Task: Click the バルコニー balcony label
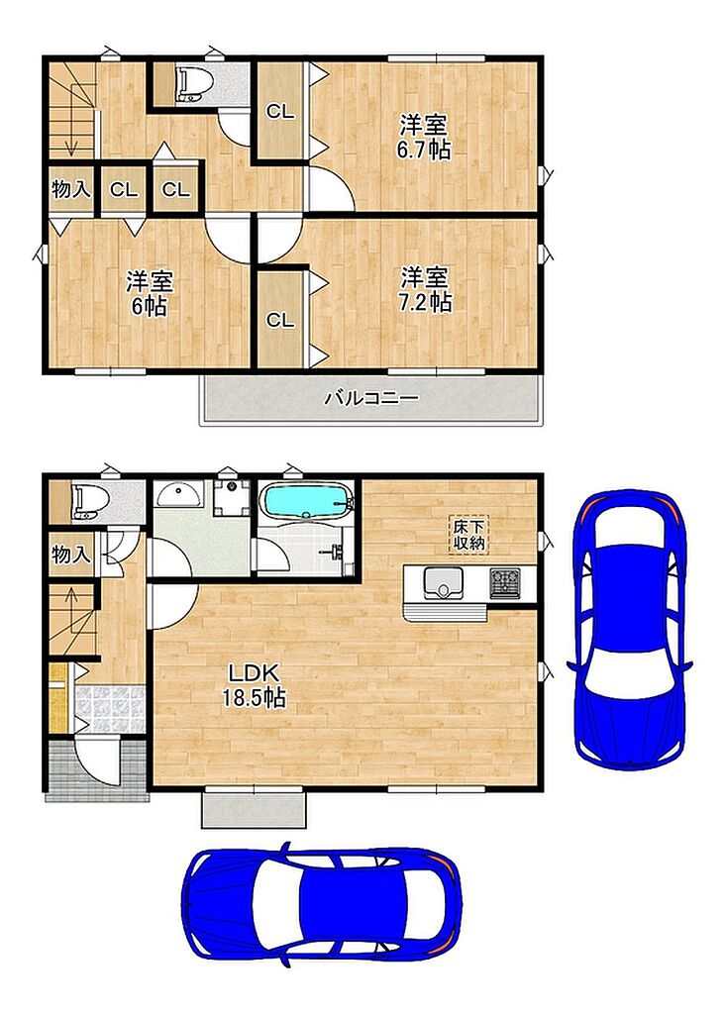point(371,397)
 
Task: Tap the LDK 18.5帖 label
point(254,685)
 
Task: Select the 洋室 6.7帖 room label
point(424,137)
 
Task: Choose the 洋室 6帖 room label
point(150,293)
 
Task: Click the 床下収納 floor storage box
point(469,534)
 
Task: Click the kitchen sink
point(443,582)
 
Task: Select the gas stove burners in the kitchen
point(505,581)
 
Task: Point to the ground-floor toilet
point(85,501)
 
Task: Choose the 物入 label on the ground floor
point(71,554)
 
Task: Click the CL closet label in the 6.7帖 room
point(281,112)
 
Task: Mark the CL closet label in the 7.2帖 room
point(281,320)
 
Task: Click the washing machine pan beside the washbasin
point(231,498)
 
